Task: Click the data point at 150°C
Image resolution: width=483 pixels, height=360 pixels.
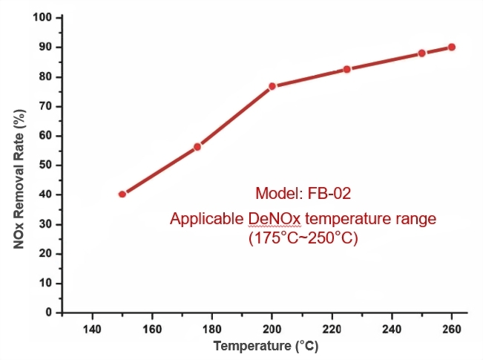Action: tap(122, 194)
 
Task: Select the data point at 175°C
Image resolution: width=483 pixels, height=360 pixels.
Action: tap(197, 147)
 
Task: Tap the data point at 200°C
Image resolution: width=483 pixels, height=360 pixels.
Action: tap(272, 86)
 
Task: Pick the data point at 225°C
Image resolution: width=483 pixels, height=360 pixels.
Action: tap(346, 69)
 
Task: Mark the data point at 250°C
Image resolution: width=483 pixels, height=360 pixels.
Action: tap(421, 53)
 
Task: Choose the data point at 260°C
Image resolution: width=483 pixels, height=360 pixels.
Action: tap(451, 47)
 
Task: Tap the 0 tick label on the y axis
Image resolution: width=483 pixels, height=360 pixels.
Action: tap(49, 312)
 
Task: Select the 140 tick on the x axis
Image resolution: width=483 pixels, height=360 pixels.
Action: tap(92, 329)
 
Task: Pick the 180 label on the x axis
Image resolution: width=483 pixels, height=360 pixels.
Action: tap(211, 329)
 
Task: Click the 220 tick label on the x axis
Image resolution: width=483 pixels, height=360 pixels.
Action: tap(332, 329)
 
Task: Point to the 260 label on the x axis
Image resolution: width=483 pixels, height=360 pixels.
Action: tap(451, 329)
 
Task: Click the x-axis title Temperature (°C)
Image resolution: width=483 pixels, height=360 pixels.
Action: tap(266, 347)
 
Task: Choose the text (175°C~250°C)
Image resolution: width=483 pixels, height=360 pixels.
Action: tap(303, 239)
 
